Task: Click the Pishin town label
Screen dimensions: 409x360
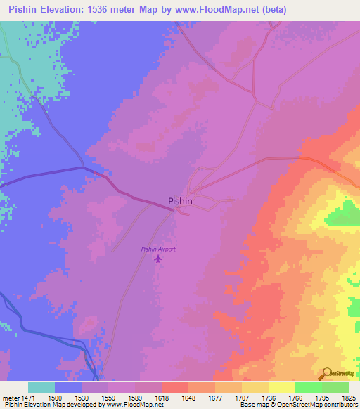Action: point(180,201)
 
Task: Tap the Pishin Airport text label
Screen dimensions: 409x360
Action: point(158,249)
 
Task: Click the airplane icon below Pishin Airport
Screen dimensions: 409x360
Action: point(158,259)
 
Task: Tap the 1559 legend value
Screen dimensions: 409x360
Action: point(108,398)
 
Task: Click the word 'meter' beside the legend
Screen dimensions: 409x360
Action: point(8,398)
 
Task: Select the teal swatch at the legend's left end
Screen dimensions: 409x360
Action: point(41,387)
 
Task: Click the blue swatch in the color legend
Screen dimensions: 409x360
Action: point(68,387)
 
